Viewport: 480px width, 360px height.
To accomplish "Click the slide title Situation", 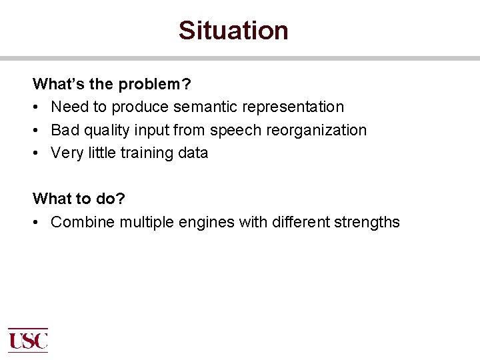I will pyautogui.click(x=233, y=31).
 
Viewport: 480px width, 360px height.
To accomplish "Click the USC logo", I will pyautogui.click(x=28, y=340).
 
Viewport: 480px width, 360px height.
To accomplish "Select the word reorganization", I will pyautogui.click(x=317, y=130).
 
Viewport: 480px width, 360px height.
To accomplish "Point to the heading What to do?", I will pyautogui.click(x=79, y=199).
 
